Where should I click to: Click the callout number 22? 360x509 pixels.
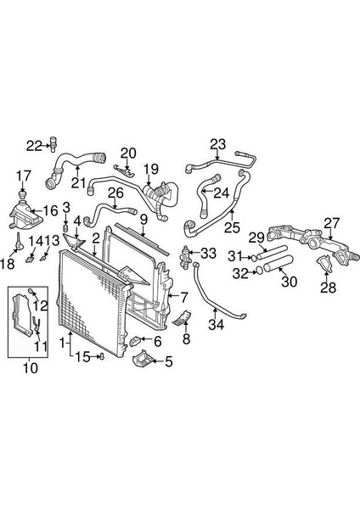click(34, 146)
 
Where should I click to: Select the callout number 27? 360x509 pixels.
click(332, 224)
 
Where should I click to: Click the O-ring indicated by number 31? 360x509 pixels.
click(253, 258)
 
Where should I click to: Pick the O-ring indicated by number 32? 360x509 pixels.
click(260, 270)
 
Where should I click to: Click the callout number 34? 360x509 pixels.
click(216, 324)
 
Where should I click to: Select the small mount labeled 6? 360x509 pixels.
click(135, 341)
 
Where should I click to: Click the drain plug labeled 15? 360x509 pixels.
click(103, 356)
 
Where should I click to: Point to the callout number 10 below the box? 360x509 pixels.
click(31, 368)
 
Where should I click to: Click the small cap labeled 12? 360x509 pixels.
click(31, 291)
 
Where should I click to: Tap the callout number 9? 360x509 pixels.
click(143, 220)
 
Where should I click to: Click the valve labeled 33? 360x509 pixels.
click(185, 257)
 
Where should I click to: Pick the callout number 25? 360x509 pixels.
click(232, 227)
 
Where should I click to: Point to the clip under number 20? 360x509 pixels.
click(126, 171)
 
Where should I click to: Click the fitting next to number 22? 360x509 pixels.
click(52, 143)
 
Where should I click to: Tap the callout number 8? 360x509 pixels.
click(186, 338)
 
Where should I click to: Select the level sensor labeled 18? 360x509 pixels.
click(20, 243)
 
